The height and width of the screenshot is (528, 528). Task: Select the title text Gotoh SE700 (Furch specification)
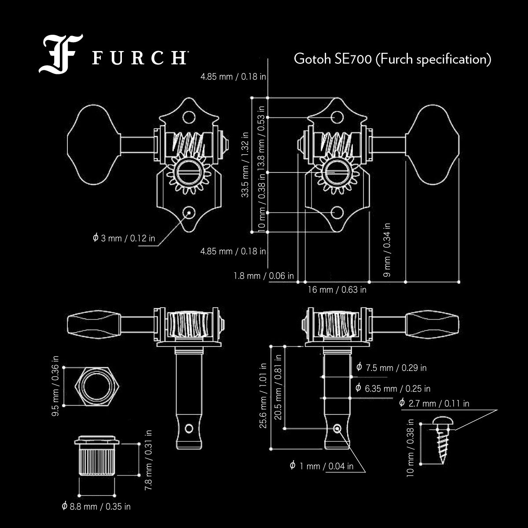[392, 59]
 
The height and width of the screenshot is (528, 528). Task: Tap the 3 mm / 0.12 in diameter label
[124, 238]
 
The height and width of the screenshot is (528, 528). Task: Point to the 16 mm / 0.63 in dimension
[337, 290]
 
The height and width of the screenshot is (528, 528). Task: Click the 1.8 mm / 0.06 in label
[264, 276]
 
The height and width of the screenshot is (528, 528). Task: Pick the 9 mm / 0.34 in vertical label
[387, 250]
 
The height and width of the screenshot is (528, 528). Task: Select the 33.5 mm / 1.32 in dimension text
[245, 165]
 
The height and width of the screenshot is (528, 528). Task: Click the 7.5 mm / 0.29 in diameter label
[391, 367]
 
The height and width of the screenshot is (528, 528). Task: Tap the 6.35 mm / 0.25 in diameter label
[392, 389]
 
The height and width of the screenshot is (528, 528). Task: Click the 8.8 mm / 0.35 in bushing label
[96, 506]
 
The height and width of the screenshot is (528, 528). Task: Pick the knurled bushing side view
[97, 457]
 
